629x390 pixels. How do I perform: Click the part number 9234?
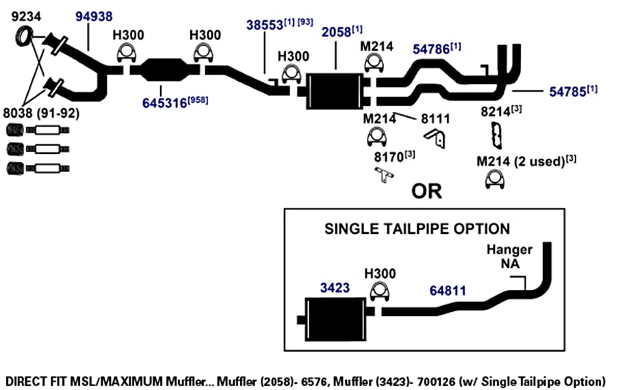(x=26, y=16)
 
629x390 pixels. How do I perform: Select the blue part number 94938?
(x=94, y=16)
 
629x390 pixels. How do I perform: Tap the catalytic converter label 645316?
(x=165, y=103)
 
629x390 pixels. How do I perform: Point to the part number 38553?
(x=265, y=25)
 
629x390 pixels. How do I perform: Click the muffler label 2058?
(x=336, y=32)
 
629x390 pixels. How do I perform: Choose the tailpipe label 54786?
(x=431, y=49)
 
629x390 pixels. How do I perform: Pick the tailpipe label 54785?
(x=567, y=92)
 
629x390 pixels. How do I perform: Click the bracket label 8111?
(x=435, y=118)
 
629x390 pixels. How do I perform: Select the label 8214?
(x=496, y=112)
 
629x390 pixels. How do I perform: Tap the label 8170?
(x=389, y=157)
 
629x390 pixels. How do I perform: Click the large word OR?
(x=426, y=191)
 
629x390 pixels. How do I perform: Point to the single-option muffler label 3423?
(x=335, y=288)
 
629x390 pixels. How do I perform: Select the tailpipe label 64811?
(x=448, y=291)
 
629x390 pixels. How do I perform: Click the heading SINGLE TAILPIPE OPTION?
(x=418, y=229)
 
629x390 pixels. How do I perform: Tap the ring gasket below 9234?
(x=24, y=36)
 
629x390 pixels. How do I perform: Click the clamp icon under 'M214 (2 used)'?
(x=495, y=179)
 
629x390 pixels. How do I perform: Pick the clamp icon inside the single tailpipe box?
(x=379, y=291)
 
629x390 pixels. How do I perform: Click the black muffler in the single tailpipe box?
(x=336, y=320)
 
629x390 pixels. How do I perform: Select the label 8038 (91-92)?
(x=41, y=114)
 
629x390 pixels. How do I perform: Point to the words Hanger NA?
(x=509, y=257)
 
